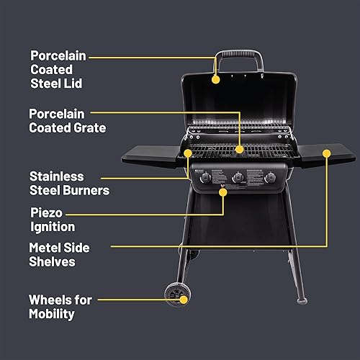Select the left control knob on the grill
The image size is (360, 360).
click(203, 177)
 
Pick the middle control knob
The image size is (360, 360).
click(237, 177)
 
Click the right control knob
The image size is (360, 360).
click(270, 177)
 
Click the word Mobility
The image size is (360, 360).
click(53, 314)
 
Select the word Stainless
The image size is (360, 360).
click(57, 176)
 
